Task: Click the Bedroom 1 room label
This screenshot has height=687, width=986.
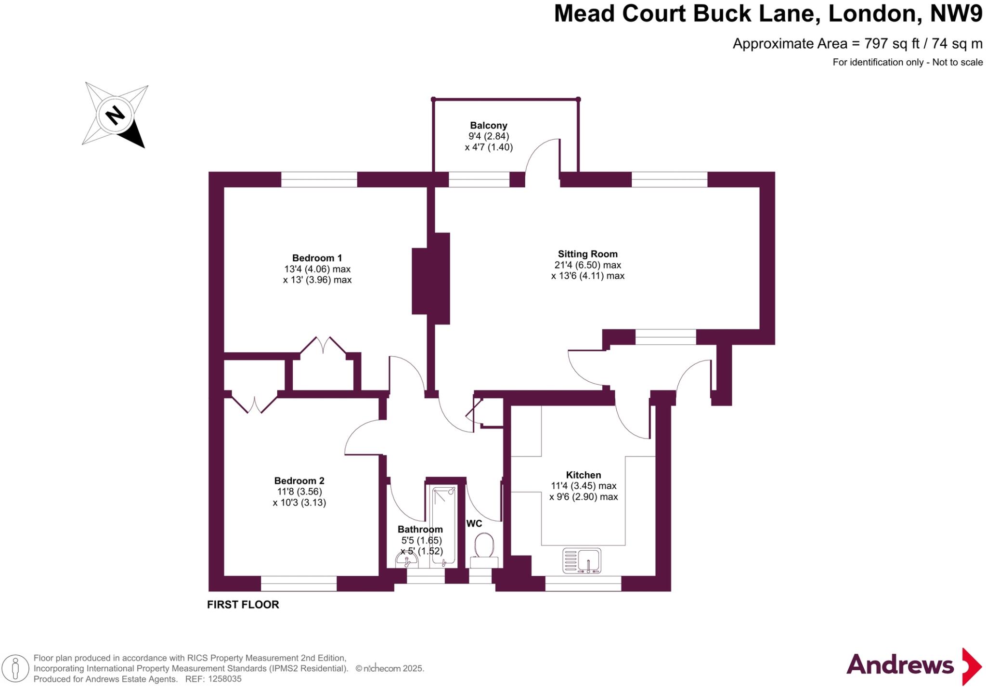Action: [x=317, y=258]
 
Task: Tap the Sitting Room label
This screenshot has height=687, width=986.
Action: [x=587, y=254]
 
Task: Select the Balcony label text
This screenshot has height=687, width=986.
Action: [x=489, y=126]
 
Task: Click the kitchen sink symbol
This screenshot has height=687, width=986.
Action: [x=582, y=560]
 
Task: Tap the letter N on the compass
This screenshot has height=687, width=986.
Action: [x=115, y=116]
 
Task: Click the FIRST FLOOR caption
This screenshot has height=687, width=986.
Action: [x=243, y=605]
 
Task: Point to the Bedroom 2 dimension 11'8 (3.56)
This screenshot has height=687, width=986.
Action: [x=299, y=492]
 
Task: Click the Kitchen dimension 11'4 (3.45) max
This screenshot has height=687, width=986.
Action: [x=584, y=486]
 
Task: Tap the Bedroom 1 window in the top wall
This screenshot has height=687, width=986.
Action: [x=319, y=180]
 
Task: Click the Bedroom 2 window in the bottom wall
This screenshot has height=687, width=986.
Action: [x=298, y=583]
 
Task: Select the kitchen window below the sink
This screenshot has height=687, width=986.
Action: [x=583, y=583]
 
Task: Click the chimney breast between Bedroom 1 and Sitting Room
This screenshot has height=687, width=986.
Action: [x=430, y=279]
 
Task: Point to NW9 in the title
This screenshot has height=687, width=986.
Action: [x=956, y=13]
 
